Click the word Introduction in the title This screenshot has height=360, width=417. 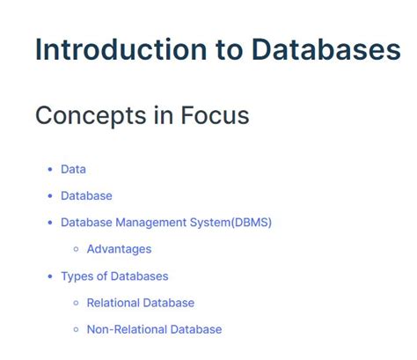click(121, 49)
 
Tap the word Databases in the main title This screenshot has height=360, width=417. click(326, 49)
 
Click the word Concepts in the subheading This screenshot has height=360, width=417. click(91, 116)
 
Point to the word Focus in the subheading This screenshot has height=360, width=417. click(215, 115)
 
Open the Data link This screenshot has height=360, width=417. click(73, 169)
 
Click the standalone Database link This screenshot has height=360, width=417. click(86, 195)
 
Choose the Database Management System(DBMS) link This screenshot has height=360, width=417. click(166, 223)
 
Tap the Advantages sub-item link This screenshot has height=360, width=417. click(119, 249)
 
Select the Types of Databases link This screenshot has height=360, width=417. click(114, 276)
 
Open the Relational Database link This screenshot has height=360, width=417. click(141, 303)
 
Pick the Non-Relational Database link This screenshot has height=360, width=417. click(155, 329)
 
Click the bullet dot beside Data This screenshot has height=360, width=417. click(50, 169)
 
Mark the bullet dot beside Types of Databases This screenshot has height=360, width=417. click(50, 276)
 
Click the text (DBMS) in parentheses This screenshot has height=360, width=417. click(252, 223)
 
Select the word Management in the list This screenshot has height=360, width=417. click(151, 223)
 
